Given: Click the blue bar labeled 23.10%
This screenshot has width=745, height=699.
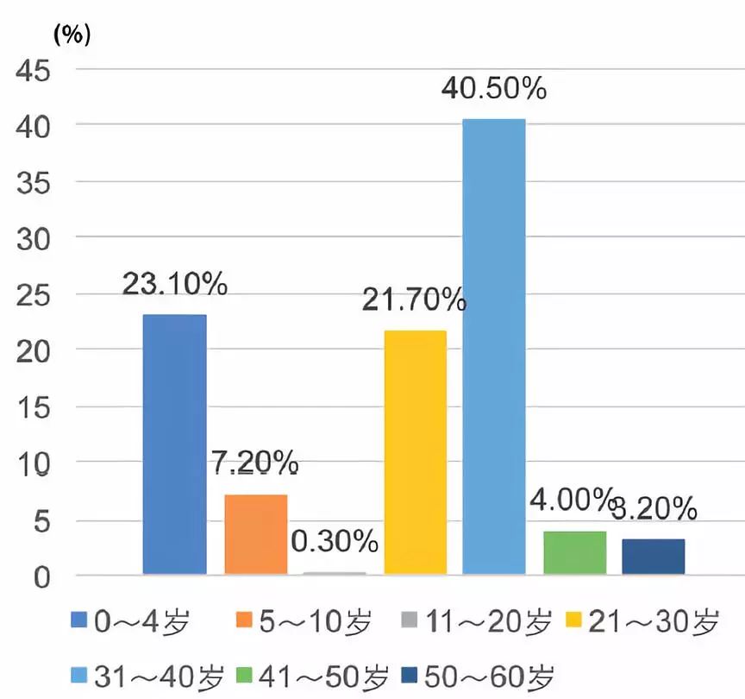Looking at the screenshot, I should [174, 444].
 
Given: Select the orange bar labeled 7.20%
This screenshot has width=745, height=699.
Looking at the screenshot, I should [255, 534].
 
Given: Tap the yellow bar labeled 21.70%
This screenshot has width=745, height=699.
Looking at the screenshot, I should [416, 452].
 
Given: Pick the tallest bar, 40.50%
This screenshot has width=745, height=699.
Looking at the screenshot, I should [494, 346].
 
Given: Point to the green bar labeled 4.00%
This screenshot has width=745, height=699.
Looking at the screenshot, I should [575, 552].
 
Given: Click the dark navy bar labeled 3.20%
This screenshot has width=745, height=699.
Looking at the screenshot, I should [654, 557].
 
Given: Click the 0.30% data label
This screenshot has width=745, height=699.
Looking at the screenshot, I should [335, 542].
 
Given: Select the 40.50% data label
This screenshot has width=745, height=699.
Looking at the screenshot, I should [494, 89].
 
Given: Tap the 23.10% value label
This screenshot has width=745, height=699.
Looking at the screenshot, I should [175, 284].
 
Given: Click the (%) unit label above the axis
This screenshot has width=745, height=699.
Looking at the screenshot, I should [72, 35].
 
